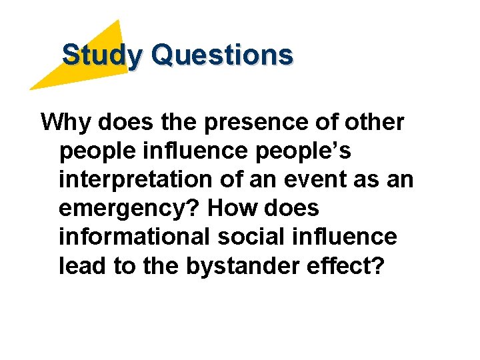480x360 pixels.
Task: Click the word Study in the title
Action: pos(101,55)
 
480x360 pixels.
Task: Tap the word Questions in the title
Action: pos(222,55)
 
